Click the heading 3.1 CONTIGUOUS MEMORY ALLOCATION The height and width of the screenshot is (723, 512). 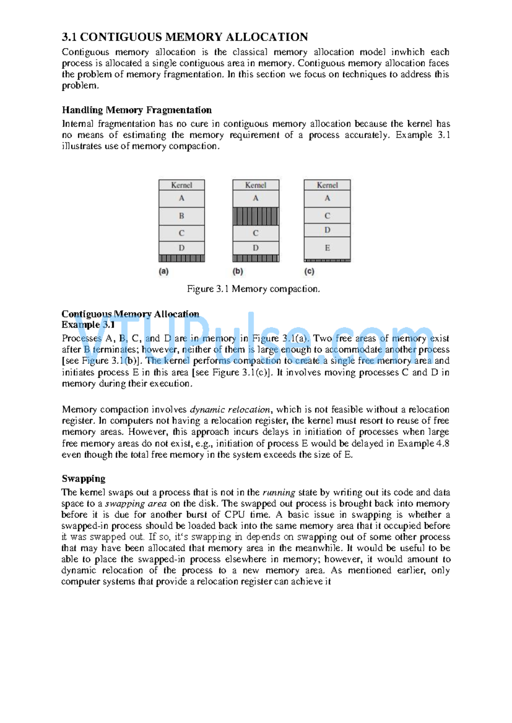(x=185, y=37)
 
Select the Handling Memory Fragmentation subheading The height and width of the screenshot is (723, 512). (x=137, y=110)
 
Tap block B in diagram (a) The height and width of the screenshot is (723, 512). (x=182, y=216)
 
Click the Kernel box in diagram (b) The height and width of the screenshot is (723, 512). (x=256, y=185)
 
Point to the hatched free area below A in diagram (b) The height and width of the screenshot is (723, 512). (x=256, y=216)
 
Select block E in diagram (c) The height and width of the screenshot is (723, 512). (x=327, y=248)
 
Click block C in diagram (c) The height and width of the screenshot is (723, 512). (x=327, y=216)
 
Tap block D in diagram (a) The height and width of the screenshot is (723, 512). (x=182, y=248)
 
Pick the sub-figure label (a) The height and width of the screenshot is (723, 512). (x=163, y=271)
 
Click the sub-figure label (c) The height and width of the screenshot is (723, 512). (x=309, y=271)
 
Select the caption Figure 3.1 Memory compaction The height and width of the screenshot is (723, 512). (x=253, y=289)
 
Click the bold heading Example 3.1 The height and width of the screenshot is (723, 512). (x=88, y=325)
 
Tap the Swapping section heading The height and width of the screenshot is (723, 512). (x=84, y=478)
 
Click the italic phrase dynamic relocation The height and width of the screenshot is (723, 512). (x=230, y=410)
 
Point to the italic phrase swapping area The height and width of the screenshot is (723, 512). (x=136, y=503)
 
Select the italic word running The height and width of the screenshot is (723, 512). (x=279, y=492)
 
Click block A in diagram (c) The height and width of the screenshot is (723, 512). (x=327, y=198)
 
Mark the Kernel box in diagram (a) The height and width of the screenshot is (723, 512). (x=182, y=185)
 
